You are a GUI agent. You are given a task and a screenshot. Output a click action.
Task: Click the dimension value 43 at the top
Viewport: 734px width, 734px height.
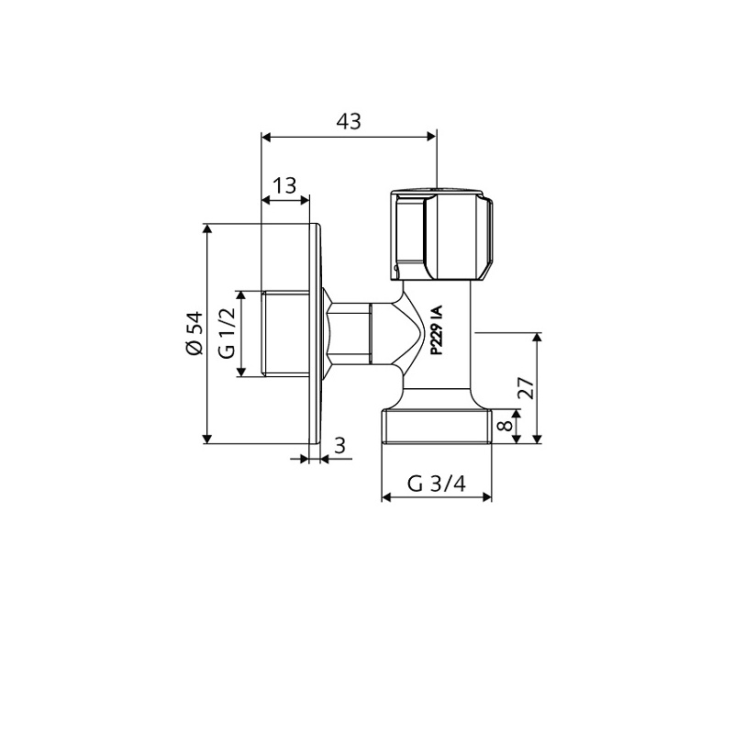click(349, 121)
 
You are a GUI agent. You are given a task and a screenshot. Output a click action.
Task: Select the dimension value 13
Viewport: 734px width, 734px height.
click(285, 185)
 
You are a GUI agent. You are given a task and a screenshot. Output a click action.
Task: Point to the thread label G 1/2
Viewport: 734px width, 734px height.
click(226, 334)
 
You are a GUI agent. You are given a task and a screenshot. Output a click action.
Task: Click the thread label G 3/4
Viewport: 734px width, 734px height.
click(436, 484)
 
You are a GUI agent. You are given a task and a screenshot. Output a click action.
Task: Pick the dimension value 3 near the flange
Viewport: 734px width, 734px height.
click(339, 446)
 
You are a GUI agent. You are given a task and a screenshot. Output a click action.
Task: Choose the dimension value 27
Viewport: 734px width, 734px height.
click(524, 389)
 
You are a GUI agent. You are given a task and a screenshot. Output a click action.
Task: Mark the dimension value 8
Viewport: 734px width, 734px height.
click(501, 427)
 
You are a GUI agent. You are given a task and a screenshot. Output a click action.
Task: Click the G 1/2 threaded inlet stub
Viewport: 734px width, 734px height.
click(286, 334)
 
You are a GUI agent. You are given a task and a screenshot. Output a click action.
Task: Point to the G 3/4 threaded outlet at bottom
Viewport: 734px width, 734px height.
click(437, 428)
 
